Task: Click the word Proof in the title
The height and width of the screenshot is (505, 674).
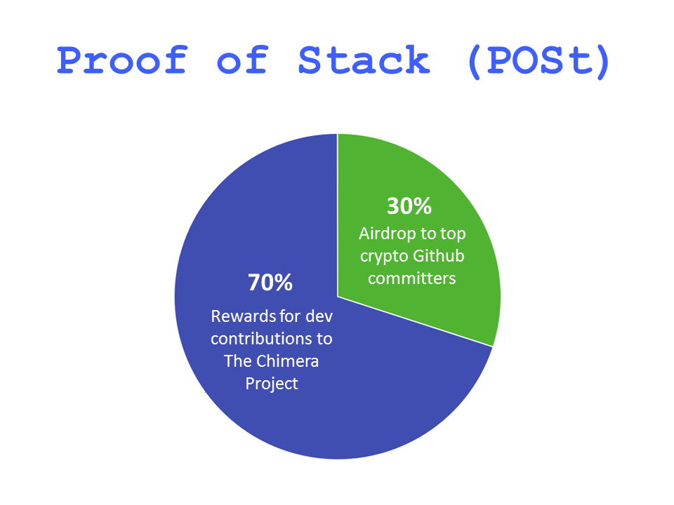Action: click(x=122, y=60)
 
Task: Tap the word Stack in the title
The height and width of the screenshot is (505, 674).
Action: click(x=364, y=60)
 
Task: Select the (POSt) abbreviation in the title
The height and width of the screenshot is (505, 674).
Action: click(x=539, y=62)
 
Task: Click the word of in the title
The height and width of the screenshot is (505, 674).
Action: click(x=243, y=60)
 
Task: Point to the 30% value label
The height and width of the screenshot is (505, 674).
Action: click(x=409, y=206)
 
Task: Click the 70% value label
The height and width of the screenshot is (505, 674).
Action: click(x=270, y=283)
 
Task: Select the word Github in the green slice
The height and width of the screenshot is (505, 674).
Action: click(x=438, y=255)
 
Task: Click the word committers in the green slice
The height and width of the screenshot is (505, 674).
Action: click(x=412, y=278)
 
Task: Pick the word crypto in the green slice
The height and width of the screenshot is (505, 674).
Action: click(x=384, y=257)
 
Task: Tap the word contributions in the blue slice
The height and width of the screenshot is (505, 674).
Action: click(x=262, y=339)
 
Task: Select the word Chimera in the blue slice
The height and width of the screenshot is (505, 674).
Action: click(x=287, y=361)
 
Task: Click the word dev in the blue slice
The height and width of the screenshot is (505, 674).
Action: click(x=319, y=316)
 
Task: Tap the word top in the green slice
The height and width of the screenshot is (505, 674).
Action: click(x=453, y=235)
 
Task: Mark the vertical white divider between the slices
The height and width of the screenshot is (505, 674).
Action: click(x=338, y=215)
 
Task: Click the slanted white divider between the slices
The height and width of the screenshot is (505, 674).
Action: click(x=415, y=321)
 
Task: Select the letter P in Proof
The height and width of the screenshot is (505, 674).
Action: click(x=71, y=60)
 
